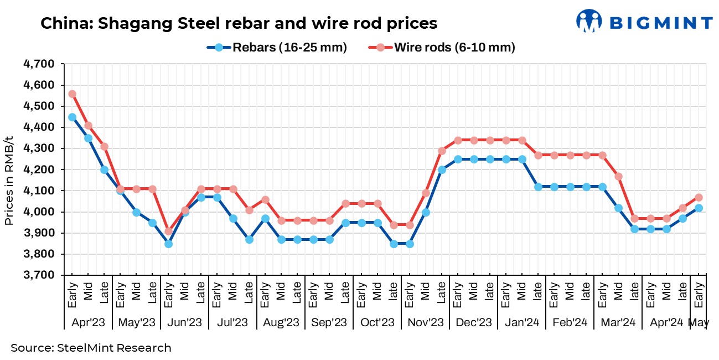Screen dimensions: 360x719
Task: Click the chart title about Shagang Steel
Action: point(239,23)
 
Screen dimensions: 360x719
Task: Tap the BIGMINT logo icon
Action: point(588,21)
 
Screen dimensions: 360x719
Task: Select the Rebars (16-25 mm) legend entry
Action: point(277,48)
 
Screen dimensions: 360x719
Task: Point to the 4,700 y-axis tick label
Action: point(39,64)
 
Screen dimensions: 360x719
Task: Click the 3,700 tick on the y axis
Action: point(39,275)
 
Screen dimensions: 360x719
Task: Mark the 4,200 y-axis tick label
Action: point(39,169)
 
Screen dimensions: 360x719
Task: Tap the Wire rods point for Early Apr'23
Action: point(72,94)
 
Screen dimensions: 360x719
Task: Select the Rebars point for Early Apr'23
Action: point(72,117)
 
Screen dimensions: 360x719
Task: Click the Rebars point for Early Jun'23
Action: point(169,244)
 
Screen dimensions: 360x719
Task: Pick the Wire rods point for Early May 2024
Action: point(699,197)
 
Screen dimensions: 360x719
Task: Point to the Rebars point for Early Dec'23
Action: point(458,159)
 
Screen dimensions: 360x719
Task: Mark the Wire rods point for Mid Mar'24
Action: point(618,176)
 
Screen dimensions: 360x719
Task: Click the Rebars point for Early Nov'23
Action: point(410,244)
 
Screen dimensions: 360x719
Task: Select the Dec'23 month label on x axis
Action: point(473,322)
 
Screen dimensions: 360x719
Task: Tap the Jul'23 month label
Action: point(232,322)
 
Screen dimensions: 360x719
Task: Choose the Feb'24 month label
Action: point(570,322)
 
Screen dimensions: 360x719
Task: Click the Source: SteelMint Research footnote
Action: point(91,348)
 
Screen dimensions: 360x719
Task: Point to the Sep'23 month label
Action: point(329,322)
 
